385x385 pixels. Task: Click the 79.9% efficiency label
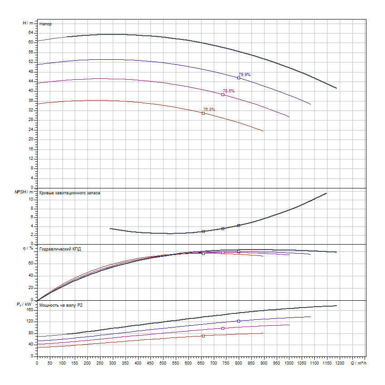coord(245,75)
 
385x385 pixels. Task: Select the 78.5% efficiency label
coord(229,91)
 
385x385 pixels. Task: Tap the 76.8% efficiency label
coord(209,110)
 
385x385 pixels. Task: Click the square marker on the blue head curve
coord(239,78)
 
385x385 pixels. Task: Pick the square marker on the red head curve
coord(203,113)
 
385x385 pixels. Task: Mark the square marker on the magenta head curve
coord(223,95)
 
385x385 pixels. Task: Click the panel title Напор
coord(45,24)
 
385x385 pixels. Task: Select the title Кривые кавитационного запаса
coord(70,193)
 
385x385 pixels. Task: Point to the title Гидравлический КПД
coord(60,249)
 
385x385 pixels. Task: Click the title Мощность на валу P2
coord(61,305)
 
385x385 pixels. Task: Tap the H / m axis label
coord(28,23)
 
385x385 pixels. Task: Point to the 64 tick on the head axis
coord(31,33)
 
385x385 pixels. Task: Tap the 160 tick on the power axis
coord(30,310)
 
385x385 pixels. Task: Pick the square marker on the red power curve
coord(203,336)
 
